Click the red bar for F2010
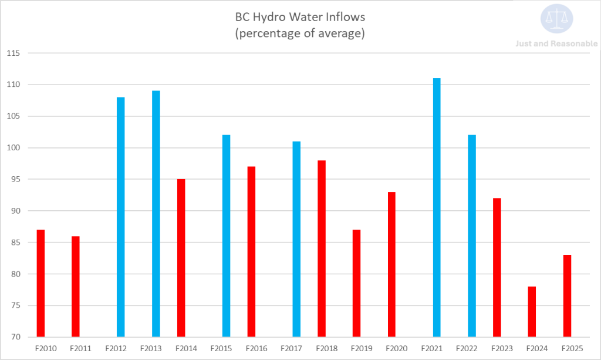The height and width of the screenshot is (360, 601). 40,283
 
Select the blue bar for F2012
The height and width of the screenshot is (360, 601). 120,217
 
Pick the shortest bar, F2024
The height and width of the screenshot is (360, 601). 531,312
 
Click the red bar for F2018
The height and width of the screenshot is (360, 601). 322,248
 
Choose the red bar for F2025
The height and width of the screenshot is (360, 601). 567,296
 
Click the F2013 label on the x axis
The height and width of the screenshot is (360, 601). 151,348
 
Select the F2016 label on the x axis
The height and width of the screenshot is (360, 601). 258,348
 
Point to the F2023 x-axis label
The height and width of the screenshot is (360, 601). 504,348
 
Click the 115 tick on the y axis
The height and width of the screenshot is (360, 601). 13,53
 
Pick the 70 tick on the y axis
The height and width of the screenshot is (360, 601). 15,337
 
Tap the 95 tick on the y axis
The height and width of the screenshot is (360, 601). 15,180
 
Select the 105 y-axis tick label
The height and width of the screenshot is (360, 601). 13,116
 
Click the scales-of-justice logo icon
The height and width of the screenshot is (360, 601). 557,19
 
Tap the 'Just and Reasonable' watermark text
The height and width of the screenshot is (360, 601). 556,43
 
